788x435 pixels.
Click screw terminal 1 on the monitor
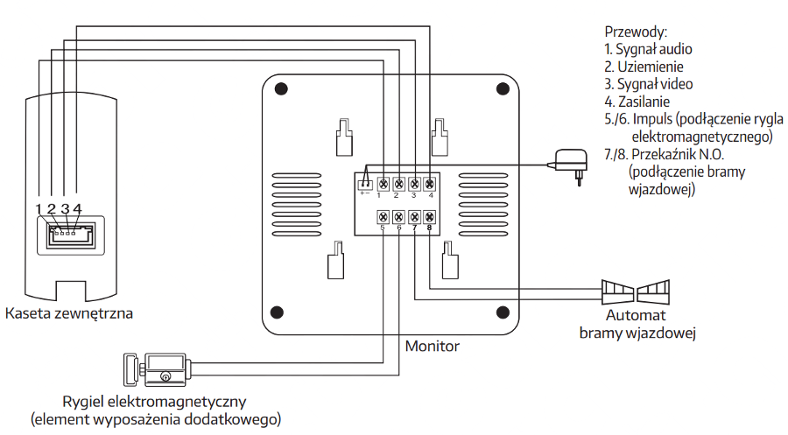pyautogui.click(x=383, y=184)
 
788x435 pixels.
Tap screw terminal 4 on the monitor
pyautogui.click(x=429, y=184)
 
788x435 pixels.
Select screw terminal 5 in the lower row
pyautogui.click(x=383, y=217)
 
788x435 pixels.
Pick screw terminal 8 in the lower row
pyautogui.click(x=429, y=217)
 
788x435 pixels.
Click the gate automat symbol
pyautogui.click(x=636, y=291)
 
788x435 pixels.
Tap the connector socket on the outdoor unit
pyautogui.click(x=70, y=235)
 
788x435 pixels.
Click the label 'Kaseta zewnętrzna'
pyautogui.click(x=69, y=313)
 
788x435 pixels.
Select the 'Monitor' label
pyautogui.click(x=433, y=346)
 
